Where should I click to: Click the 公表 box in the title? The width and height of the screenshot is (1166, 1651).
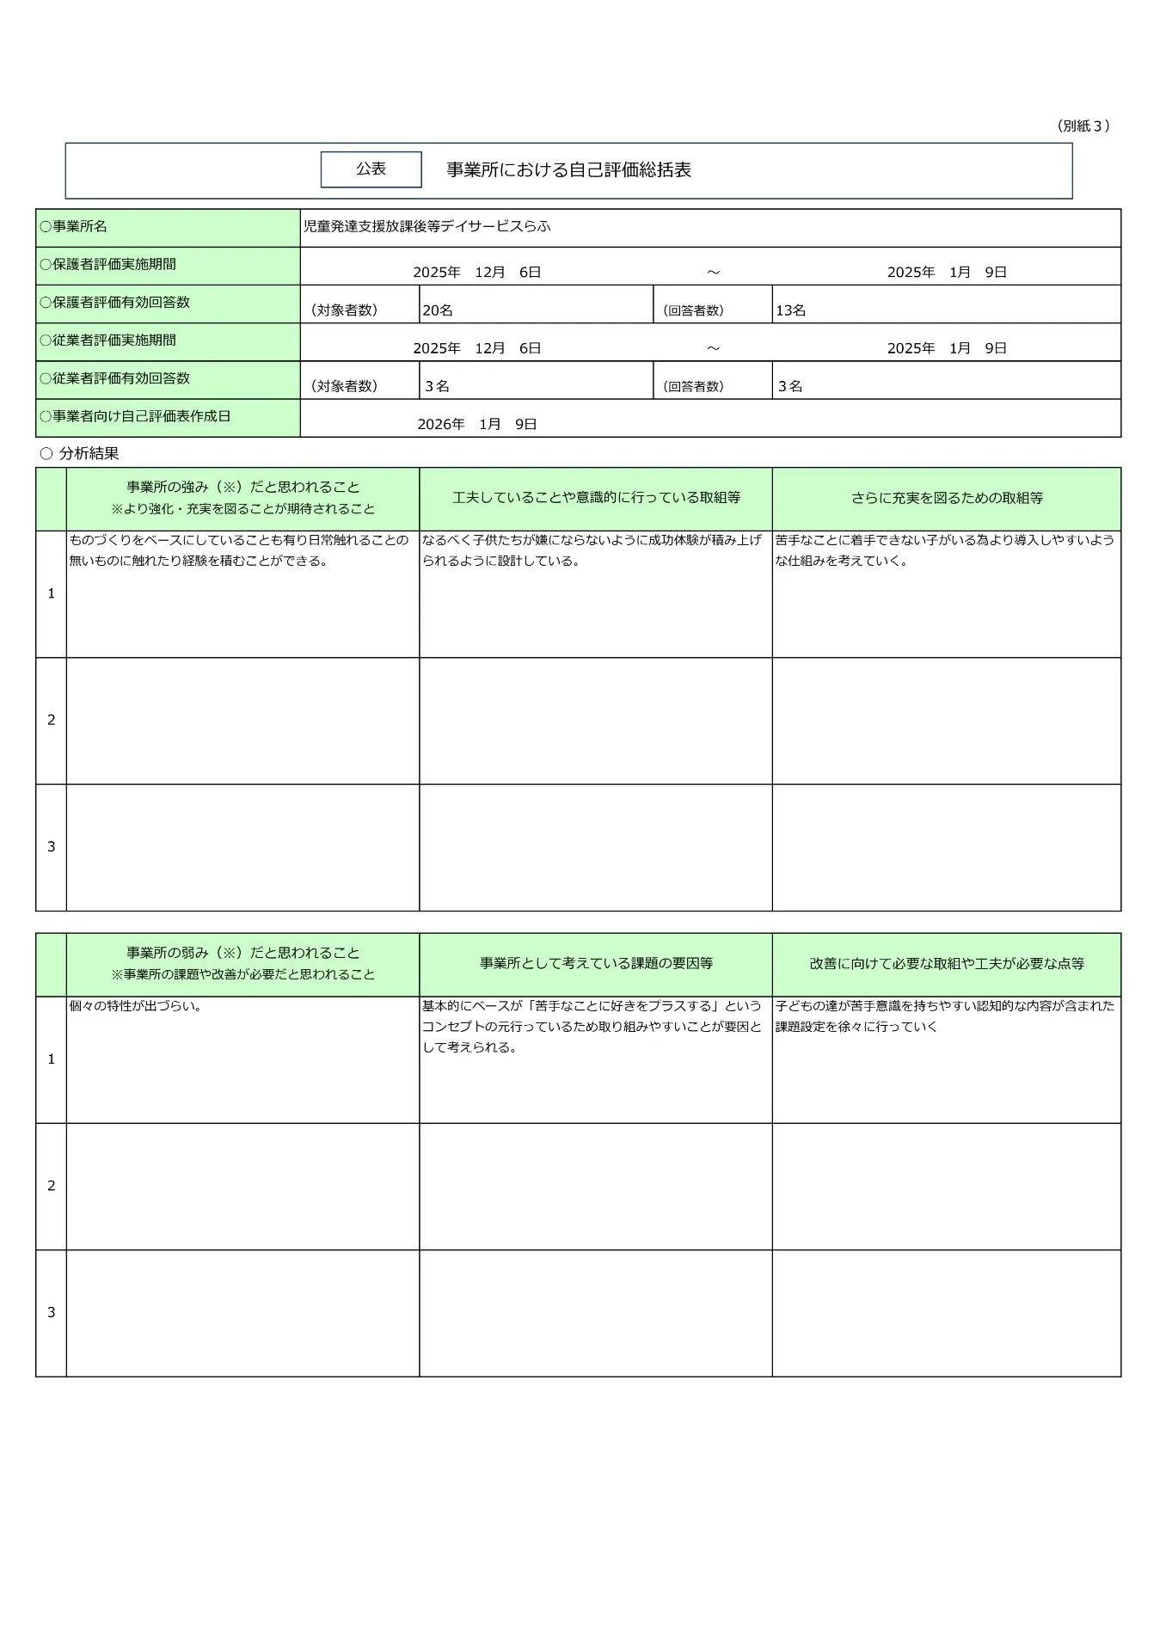tap(371, 169)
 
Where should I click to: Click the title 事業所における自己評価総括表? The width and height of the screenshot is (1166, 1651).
tap(568, 170)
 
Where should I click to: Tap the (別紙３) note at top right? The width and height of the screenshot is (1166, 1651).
tap(1083, 126)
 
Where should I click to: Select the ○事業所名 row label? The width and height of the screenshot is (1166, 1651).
tap(74, 227)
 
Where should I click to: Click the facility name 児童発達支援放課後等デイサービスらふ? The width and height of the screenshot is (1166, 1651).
tap(427, 227)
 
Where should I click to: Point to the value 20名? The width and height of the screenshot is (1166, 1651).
tap(438, 310)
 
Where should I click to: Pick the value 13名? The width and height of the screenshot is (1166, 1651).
tap(790, 310)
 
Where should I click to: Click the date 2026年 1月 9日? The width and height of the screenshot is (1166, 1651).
tap(477, 425)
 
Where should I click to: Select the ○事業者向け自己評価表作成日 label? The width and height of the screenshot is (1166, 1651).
tap(135, 416)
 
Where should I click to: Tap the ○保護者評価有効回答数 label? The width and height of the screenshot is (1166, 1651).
tap(115, 303)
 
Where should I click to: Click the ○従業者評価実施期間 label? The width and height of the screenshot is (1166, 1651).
tap(108, 341)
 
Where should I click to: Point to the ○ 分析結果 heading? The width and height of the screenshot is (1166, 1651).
tap(80, 453)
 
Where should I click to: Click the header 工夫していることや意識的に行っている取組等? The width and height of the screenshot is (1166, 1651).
tap(596, 498)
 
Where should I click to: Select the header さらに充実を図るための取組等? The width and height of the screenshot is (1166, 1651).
tap(946, 498)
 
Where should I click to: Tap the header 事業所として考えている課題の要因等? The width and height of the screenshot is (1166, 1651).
tap(596, 964)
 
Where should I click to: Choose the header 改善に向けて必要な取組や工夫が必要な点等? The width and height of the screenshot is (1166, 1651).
tap(946, 964)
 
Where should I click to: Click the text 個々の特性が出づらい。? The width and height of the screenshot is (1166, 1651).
tap(136, 1006)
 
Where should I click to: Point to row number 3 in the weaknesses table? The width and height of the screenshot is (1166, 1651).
tap(52, 1312)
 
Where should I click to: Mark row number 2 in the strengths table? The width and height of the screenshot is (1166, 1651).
tap(52, 720)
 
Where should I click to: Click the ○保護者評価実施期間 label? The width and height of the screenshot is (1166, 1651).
tap(108, 265)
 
